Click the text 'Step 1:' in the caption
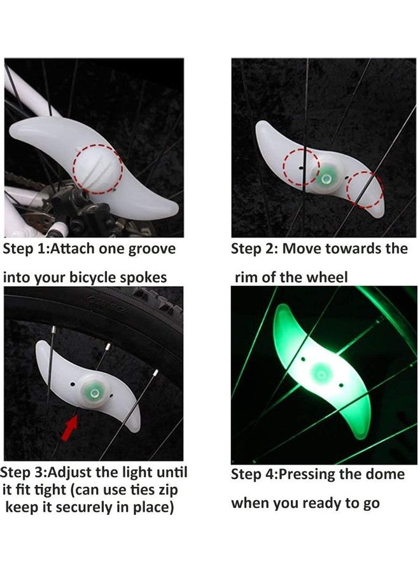[x=24, y=249]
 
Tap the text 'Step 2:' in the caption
[x=254, y=249]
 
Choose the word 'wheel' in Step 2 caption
[x=327, y=278]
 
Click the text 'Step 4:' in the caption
[x=254, y=475]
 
